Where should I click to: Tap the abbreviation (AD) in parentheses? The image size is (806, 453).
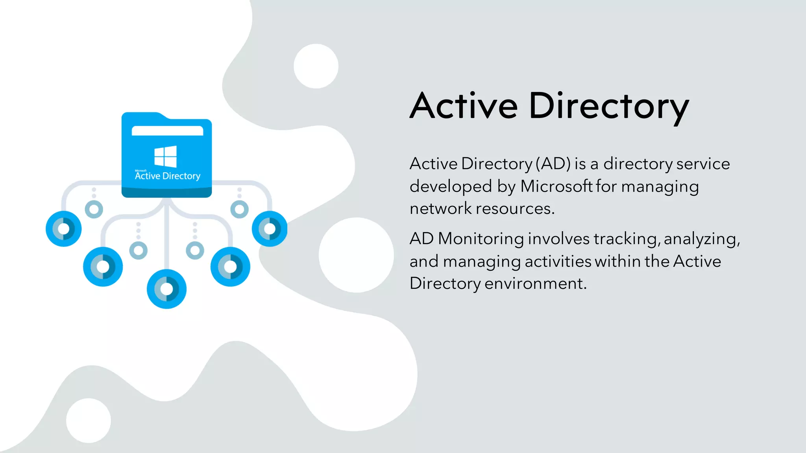point(553,164)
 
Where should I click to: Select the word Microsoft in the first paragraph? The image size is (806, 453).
point(556,186)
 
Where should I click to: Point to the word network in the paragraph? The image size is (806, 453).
point(440,208)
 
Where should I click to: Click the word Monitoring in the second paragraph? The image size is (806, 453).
point(481,239)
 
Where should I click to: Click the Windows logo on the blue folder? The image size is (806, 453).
point(166,156)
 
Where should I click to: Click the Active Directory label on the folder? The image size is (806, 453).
point(168,176)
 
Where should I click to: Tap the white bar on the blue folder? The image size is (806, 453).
point(167,131)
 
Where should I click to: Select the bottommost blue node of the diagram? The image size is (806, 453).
point(166,289)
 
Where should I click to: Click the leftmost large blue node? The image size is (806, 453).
point(64,229)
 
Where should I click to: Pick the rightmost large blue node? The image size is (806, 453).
point(270,229)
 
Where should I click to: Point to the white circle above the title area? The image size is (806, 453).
point(316,66)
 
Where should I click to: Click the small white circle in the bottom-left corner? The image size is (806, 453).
point(89,420)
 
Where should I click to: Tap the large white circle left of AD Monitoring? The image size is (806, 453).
point(356,255)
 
